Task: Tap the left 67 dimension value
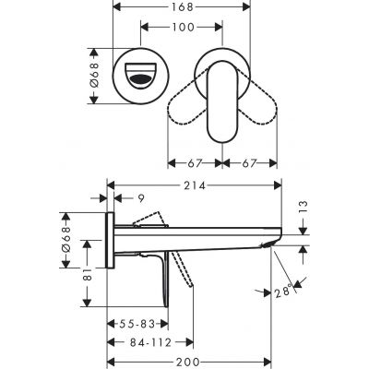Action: [x=194, y=164]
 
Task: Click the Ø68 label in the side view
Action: [x=66, y=239]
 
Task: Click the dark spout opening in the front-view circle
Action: [x=143, y=80]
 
